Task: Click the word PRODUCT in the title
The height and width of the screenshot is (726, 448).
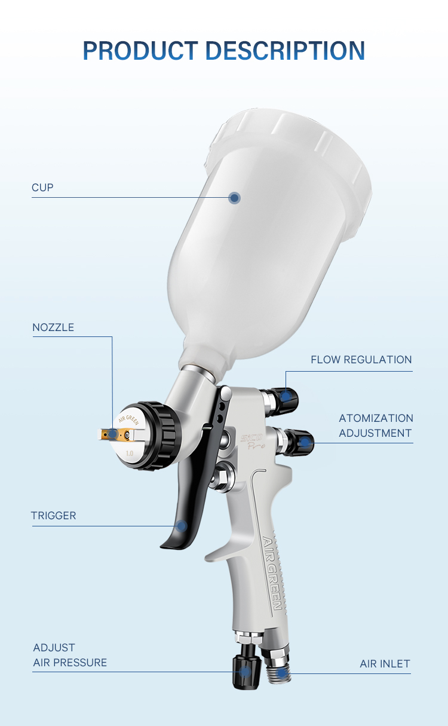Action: (x=140, y=51)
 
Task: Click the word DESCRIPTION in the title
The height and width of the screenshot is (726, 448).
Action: (x=286, y=51)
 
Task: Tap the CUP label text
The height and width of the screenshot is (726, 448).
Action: (x=42, y=188)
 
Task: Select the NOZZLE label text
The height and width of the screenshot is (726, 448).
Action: (x=53, y=327)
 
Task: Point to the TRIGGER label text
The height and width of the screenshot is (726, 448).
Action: (x=53, y=516)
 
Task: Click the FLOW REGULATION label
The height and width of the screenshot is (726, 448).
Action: (x=361, y=360)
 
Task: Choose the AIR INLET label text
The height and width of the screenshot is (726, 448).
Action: (x=385, y=664)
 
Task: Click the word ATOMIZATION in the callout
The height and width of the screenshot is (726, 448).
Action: (x=376, y=418)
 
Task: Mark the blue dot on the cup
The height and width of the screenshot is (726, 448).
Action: (x=234, y=198)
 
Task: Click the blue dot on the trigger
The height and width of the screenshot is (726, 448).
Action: (x=182, y=526)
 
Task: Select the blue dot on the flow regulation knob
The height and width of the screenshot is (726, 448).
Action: (x=286, y=396)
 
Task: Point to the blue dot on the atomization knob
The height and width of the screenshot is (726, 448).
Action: (x=305, y=443)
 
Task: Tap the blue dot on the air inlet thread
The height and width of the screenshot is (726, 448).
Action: (x=282, y=673)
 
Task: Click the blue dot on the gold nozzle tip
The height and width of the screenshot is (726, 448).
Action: (x=112, y=434)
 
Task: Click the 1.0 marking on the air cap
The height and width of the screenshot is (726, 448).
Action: (x=130, y=454)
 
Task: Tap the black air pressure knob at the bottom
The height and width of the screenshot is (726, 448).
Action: (x=247, y=671)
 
